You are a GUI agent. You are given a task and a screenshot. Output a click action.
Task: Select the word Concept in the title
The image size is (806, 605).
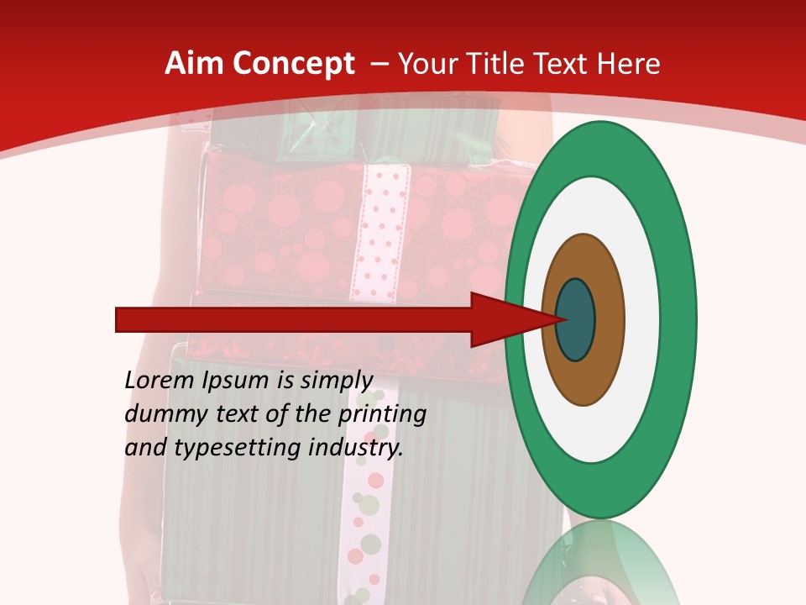click(x=294, y=64)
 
